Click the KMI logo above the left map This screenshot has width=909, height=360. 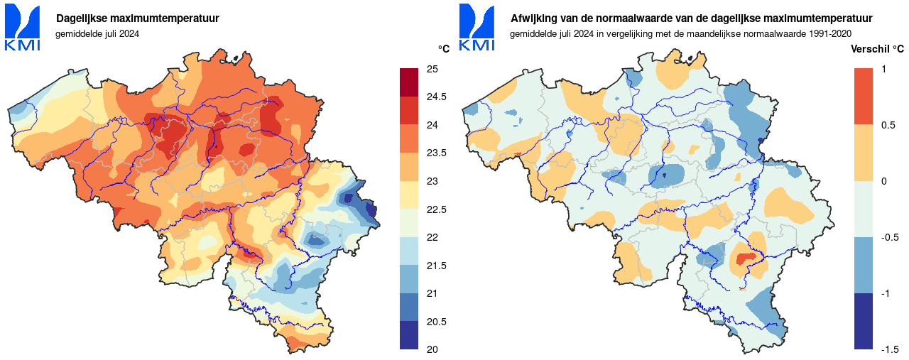[23, 28]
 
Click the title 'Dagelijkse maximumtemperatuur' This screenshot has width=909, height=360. [138, 18]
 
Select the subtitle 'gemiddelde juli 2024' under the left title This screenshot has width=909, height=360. [97, 33]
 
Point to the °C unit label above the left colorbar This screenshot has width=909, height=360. [444, 49]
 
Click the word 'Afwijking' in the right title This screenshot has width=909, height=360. [533, 18]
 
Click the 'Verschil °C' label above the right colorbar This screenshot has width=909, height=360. [877, 49]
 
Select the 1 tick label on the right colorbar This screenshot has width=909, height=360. [883, 69]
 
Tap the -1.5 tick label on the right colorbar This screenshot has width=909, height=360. [890, 349]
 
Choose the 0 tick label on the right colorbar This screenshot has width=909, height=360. [883, 181]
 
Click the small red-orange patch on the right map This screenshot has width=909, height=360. [745, 258]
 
